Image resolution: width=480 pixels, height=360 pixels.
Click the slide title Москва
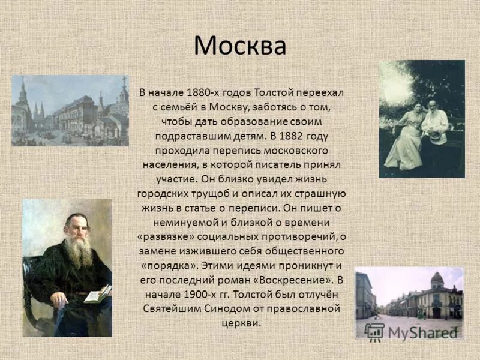pos(240,46)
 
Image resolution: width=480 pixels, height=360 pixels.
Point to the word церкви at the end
pos(241,323)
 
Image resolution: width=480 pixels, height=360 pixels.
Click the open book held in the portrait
pos(98,293)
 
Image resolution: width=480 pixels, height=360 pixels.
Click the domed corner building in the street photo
pos(436,294)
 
